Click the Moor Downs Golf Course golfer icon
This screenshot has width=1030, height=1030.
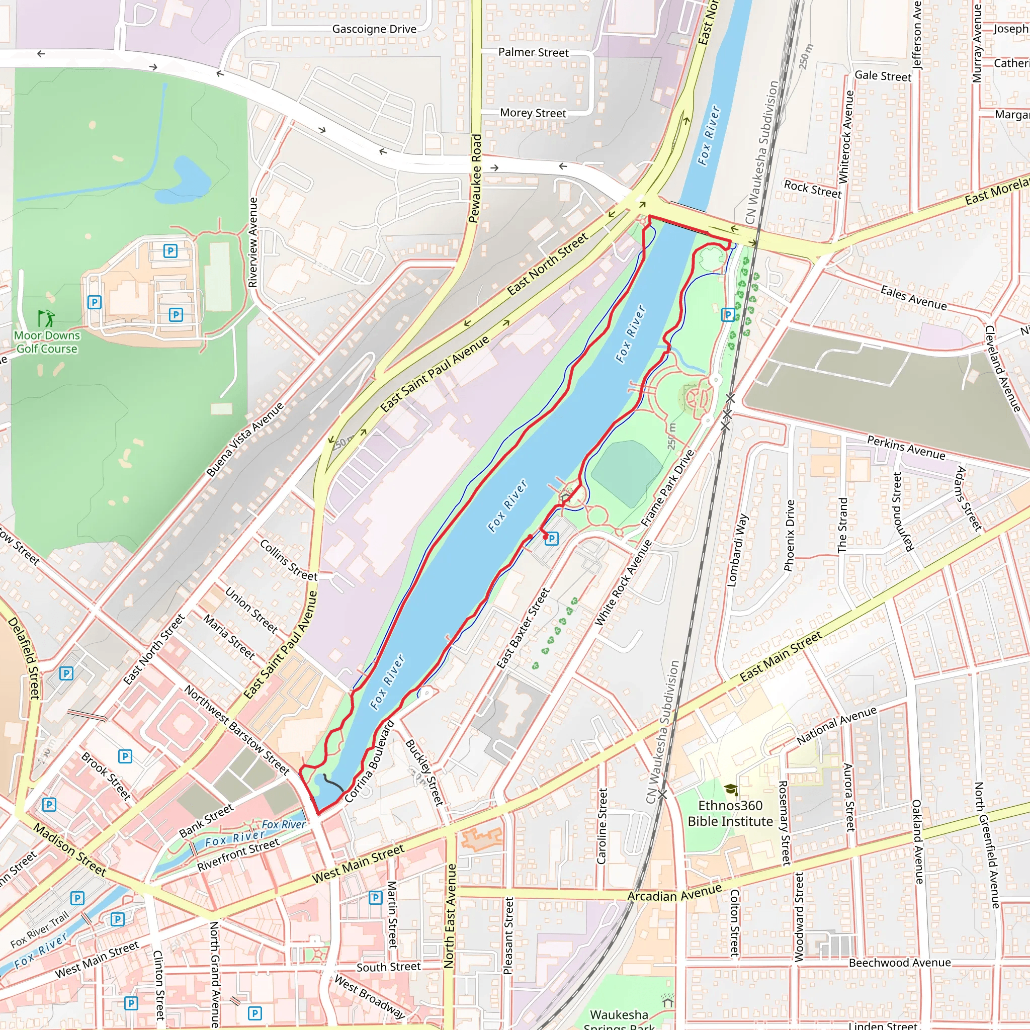(46, 318)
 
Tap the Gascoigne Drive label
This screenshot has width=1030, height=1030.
(374, 29)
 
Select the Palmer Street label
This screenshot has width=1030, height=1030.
(533, 52)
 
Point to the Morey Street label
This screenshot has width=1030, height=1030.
(533, 113)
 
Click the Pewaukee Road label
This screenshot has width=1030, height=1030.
(475, 178)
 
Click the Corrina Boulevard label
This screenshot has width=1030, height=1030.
(370, 762)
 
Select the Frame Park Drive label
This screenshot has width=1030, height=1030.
(667, 488)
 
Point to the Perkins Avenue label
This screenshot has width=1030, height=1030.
(906, 447)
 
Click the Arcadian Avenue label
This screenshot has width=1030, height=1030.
(674, 894)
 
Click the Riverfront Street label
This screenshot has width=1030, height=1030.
(238, 854)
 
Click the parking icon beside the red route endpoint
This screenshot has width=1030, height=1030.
(552, 539)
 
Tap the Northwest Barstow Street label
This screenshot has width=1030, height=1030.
(237, 730)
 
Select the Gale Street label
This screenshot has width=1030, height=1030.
(883, 76)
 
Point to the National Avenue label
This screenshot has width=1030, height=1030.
(836, 725)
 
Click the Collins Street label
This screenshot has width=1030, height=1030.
(288, 560)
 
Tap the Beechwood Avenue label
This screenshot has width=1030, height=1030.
(899, 963)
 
